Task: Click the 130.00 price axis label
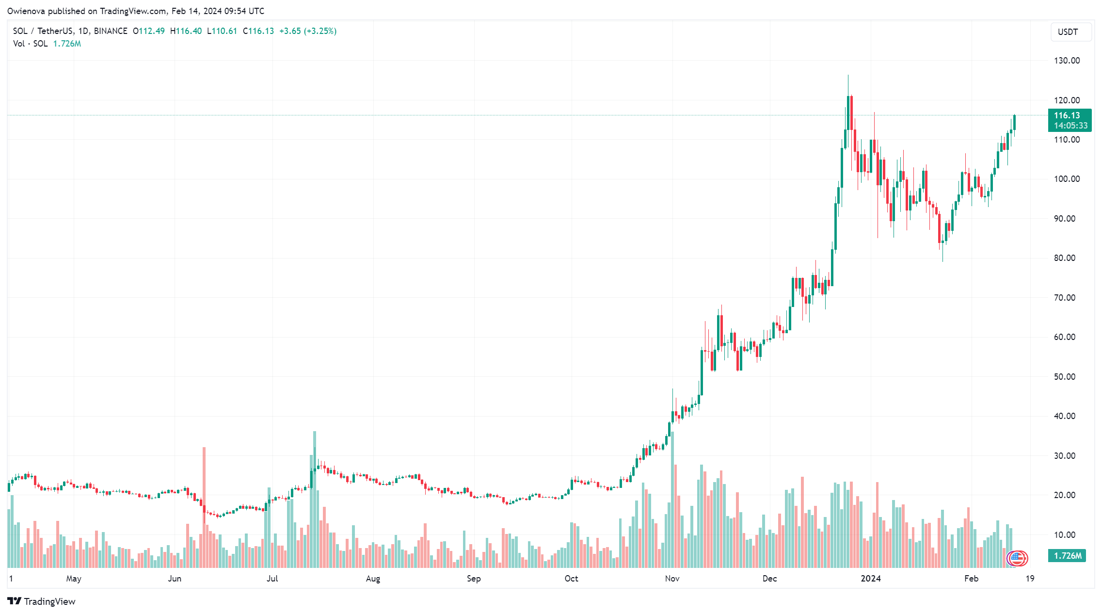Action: tap(1067, 61)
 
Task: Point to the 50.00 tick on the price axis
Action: tap(1064, 377)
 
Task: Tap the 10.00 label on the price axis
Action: tap(1064, 535)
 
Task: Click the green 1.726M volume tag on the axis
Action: tap(1067, 556)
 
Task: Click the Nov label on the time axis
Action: tap(672, 579)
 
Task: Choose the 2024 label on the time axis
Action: tap(870, 579)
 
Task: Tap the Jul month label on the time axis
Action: tap(272, 579)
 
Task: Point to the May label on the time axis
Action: tap(74, 579)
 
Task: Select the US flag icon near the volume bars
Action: tap(1017, 558)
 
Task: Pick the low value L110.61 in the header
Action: tap(222, 31)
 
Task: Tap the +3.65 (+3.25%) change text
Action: tap(308, 31)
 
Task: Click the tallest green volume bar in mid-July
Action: tap(315, 500)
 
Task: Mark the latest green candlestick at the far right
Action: tap(1014, 123)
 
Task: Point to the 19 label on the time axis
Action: tap(1030, 579)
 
